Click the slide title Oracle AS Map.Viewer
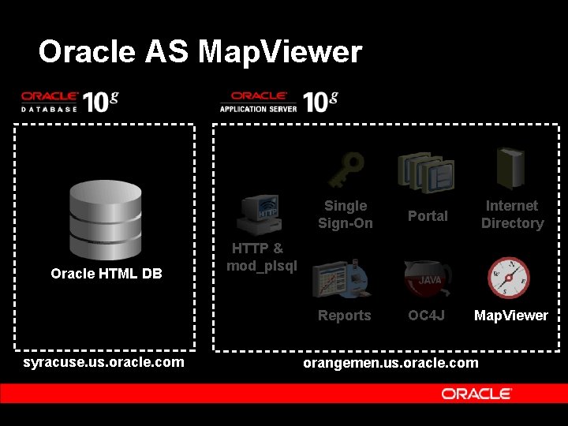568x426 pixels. [x=200, y=52]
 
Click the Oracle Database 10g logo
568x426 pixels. [x=69, y=101]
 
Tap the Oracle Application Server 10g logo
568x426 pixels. [x=278, y=101]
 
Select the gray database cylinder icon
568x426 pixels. [x=106, y=215]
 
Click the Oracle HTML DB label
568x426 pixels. [x=106, y=274]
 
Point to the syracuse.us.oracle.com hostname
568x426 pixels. [x=104, y=362]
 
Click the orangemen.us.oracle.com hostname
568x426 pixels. [x=391, y=362]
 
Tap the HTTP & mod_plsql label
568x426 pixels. [x=261, y=257]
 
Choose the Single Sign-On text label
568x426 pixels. [x=346, y=215]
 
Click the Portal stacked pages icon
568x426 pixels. [x=426, y=173]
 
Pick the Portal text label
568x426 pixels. [x=428, y=216]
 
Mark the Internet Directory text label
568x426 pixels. [x=512, y=215]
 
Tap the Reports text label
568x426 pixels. [x=344, y=316]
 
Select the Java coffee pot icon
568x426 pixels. [x=427, y=278]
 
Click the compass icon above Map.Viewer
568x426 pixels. [x=509, y=278]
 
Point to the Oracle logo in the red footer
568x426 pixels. [x=476, y=394]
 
